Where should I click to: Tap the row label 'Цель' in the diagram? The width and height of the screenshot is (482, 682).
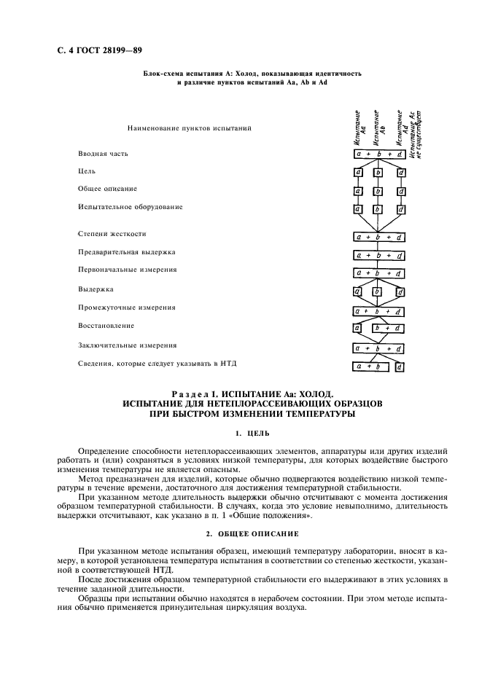coord(87,172)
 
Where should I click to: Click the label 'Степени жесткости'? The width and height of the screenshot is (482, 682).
coord(112,234)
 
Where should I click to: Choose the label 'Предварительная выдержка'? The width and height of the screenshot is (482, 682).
coord(126,252)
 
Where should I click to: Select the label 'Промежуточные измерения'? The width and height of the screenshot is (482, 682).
coord(126,307)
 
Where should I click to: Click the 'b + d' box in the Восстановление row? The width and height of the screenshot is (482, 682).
coord(387,329)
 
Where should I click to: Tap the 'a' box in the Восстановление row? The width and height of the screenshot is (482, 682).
coord(357,329)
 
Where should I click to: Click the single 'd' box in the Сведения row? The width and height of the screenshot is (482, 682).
coord(400,367)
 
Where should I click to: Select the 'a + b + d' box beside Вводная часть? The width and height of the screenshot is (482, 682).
coord(378,154)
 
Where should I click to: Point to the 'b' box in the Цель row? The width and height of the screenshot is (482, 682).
coord(378,173)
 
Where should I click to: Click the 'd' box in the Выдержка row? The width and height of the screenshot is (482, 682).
coord(400,291)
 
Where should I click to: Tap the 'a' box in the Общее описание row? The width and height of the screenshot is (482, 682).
coord(357,190)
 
